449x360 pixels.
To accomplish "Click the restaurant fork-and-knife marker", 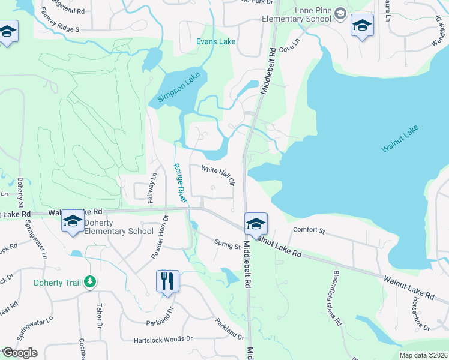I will pos(167,280).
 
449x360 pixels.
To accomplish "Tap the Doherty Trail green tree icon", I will pos(90,281).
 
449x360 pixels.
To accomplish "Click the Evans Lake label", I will pos(216,42).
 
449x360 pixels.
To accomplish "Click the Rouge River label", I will pos(179,182).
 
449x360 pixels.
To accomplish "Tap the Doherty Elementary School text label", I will pos(118,227).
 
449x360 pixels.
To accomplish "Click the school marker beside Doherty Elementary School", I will pos(73,221).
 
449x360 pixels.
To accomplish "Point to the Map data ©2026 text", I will pos(423,355).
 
